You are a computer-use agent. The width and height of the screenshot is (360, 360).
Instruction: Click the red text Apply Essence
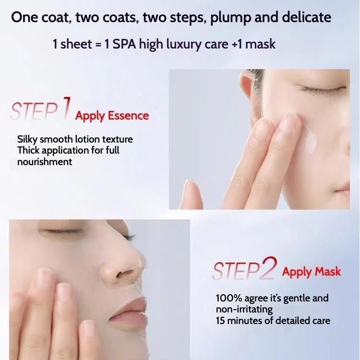112,116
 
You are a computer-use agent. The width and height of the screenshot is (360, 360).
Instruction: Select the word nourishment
45,162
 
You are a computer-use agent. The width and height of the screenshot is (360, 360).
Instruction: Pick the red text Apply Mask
312,272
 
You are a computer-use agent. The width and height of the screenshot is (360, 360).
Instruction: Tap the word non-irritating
244,310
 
